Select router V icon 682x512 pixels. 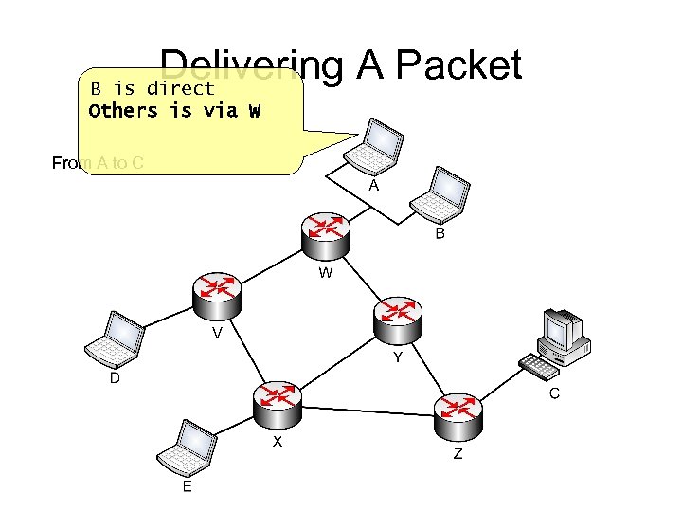(x=218, y=294)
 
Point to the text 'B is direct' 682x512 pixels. (x=153, y=89)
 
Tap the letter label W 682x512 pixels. (x=326, y=274)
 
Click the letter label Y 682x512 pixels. (x=398, y=357)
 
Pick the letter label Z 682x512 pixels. (x=458, y=454)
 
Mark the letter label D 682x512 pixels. (x=115, y=378)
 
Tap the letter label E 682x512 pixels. (x=187, y=486)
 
